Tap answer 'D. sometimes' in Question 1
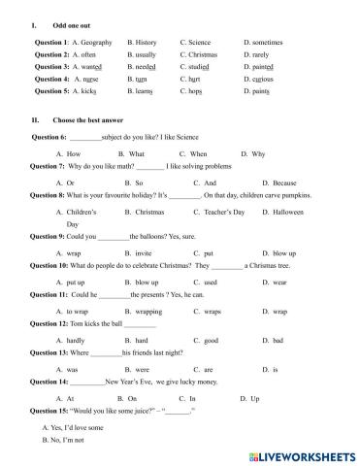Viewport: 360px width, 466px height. [x=263, y=43]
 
